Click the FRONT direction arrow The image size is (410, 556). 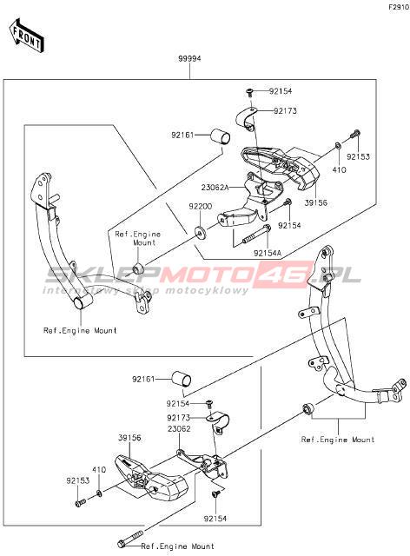(26, 36)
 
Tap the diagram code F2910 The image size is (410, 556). (399, 7)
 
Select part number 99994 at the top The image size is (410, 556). (189, 58)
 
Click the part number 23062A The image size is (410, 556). (215, 188)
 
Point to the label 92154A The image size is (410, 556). (268, 253)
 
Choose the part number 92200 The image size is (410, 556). (200, 207)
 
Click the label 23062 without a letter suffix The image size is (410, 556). (179, 428)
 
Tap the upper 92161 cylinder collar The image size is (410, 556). (221, 137)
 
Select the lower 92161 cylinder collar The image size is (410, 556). (182, 380)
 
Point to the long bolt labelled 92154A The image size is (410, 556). (255, 234)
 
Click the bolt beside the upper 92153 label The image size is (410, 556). (355, 135)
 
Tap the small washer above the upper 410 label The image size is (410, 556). (338, 145)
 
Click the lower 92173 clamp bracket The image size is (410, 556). (218, 421)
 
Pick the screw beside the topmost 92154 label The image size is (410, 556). (249, 93)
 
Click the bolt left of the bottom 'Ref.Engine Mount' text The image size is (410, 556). (130, 538)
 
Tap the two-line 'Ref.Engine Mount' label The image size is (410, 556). (138, 238)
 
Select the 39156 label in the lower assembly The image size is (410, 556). (129, 438)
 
